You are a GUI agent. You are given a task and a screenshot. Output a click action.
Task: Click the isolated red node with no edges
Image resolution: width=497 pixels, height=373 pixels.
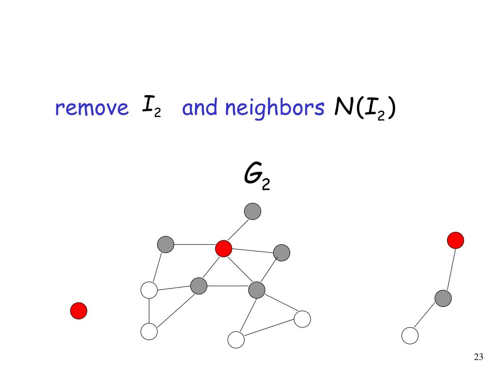(79, 311)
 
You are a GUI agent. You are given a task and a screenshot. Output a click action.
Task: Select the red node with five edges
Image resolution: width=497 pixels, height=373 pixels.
(223, 248)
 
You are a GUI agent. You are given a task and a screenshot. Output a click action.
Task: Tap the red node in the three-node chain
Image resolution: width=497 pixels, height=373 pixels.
(455, 240)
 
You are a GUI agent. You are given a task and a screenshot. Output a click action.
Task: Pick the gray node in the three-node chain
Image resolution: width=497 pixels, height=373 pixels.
(443, 298)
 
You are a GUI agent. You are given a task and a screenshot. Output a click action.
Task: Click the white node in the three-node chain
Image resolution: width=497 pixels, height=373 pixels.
(410, 335)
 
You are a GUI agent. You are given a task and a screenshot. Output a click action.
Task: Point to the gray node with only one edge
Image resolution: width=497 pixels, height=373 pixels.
(252, 211)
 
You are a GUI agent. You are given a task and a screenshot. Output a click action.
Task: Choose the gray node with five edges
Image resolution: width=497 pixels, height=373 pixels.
(256, 290)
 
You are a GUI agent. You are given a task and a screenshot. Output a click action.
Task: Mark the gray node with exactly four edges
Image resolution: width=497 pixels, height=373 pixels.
(199, 286)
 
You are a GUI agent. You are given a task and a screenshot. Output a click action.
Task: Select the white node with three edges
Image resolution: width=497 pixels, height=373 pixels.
(149, 290)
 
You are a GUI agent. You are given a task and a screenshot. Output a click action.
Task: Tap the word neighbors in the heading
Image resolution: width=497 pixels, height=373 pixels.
(274, 108)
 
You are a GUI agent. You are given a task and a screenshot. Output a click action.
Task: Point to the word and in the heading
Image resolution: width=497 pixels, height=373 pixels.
(199, 108)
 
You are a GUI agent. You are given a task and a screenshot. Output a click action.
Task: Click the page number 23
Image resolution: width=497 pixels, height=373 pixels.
(478, 357)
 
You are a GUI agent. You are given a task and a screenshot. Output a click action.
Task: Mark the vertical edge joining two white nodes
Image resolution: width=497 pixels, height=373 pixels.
(149, 311)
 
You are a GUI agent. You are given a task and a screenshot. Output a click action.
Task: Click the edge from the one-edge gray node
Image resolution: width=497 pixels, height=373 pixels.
(238, 230)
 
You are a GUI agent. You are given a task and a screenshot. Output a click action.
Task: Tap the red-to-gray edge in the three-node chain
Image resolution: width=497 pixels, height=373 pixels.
(449, 269)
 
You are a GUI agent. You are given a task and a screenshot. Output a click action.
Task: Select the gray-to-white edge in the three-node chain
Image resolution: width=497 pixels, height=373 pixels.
(427, 316)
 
